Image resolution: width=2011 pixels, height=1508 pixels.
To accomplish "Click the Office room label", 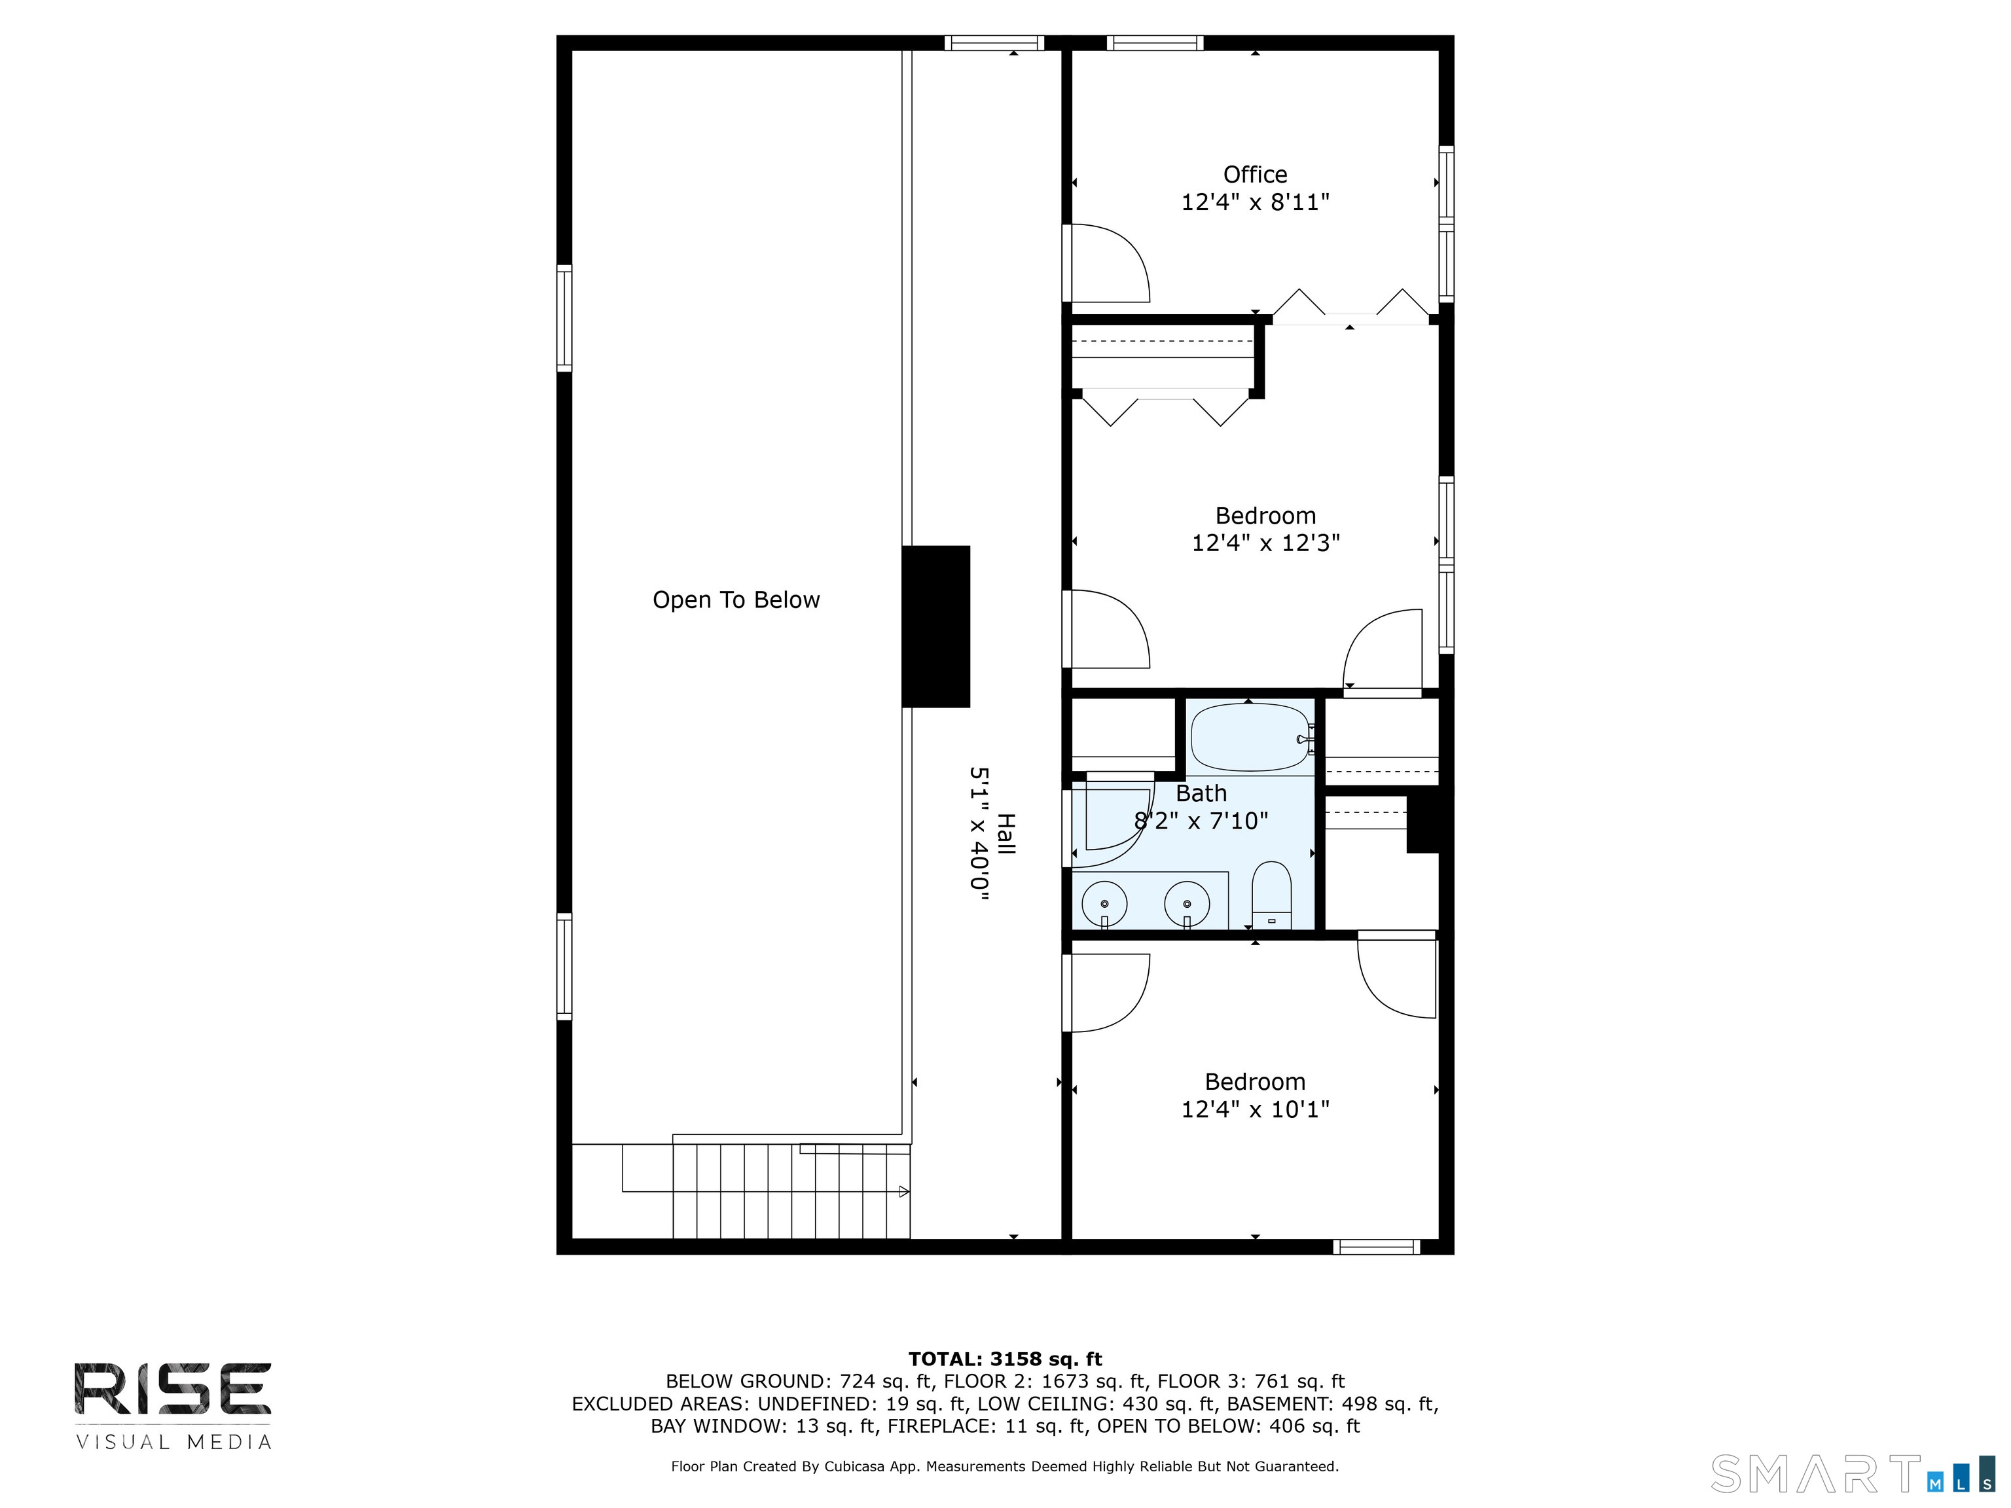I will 1255,175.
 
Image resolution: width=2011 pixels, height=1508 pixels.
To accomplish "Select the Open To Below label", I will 736,600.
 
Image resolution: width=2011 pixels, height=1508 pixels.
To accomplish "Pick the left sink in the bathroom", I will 1104,903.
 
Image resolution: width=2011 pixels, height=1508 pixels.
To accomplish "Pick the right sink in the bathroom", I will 1186,903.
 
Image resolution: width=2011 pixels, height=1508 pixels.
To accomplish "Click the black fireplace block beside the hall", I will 935,626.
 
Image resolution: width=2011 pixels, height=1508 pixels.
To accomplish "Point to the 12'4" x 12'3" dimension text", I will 1265,543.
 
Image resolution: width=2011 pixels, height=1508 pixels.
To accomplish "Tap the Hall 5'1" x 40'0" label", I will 992,834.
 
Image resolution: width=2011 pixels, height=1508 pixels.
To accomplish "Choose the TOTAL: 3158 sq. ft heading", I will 1005,1359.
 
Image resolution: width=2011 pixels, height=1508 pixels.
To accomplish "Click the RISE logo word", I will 173,1389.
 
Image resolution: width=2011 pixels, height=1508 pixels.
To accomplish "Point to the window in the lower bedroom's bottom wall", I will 1377,1247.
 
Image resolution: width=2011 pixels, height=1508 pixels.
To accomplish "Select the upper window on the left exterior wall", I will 564,318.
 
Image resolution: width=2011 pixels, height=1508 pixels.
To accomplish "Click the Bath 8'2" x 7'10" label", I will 1201,807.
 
